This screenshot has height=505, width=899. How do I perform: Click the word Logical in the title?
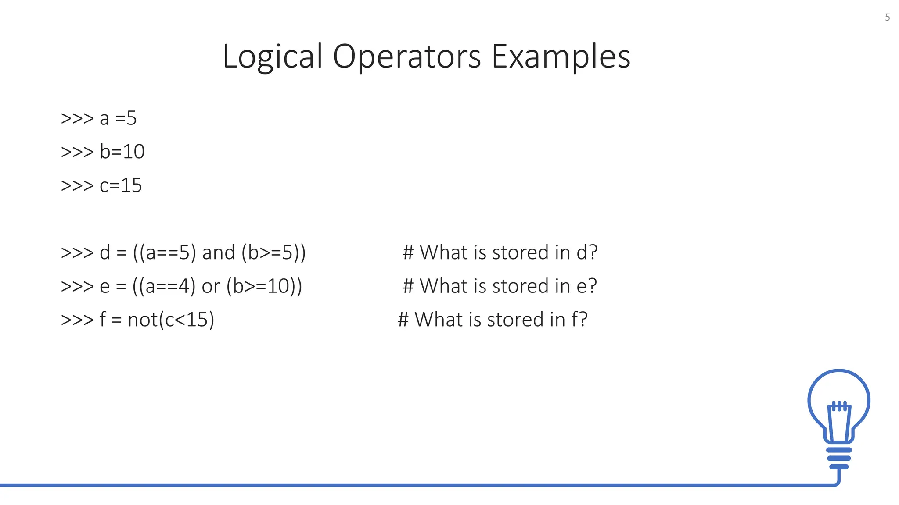[x=272, y=57]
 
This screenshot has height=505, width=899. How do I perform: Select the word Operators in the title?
[x=407, y=57]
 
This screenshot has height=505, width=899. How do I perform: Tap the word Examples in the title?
[x=561, y=57]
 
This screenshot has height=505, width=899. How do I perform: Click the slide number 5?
[x=887, y=18]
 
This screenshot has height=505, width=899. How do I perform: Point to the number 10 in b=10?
[x=133, y=152]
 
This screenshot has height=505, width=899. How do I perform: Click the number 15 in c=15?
[x=131, y=185]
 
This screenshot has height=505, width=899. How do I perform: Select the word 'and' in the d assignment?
[x=218, y=252]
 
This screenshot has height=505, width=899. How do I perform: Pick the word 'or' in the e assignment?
[x=211, y=286]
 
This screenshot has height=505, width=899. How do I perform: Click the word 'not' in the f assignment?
[x=143, y=320]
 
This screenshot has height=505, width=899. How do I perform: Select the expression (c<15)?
[x=187, y=320]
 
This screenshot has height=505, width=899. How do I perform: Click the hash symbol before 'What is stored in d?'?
[x=408, y=252]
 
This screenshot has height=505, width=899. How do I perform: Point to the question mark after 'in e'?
[x=592, y=286]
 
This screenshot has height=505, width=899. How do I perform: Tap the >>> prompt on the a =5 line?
[x=77, y=118]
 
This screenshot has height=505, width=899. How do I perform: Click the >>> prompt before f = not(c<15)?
[x=77, y=320]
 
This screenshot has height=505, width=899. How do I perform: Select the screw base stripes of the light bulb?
[x=839, y=458]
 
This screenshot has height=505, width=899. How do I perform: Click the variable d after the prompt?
[x=105, y=252]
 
